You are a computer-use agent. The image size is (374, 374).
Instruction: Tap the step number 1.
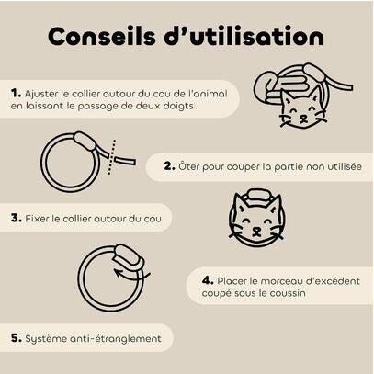(x=16, y=93)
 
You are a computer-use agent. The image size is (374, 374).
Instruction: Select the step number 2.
(x=169, y=166)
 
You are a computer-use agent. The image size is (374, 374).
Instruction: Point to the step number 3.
(x=17, y=219)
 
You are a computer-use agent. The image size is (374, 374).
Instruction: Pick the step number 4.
(x=208, y=280)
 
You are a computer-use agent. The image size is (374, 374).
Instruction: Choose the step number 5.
(x=17, y=338)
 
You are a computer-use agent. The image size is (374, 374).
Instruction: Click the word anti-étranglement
(x=116, y=338)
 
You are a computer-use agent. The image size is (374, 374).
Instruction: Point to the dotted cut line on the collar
(x=112, y=157)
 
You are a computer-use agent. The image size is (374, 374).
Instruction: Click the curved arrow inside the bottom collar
(x=131, y=274)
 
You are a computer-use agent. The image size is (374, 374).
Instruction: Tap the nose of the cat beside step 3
(x=256, y=230)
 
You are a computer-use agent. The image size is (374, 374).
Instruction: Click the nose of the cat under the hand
(x=303, y=118)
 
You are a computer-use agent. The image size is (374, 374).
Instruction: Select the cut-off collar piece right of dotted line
(x=125, y=161)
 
